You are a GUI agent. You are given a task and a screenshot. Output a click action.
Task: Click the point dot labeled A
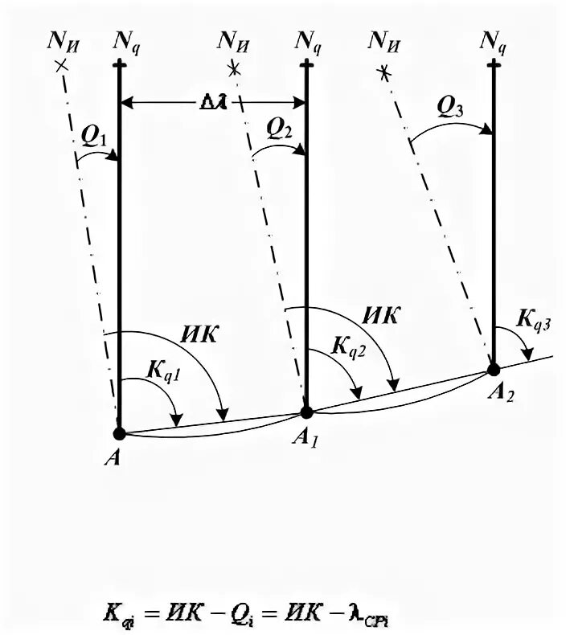tap(119, 434)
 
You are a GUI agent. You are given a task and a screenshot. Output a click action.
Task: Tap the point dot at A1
tap(306, 412)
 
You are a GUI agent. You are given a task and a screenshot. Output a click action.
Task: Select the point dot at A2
tap(494, 370)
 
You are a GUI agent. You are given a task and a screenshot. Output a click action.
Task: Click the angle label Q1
tap(94, 138)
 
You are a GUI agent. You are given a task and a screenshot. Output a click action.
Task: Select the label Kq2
tap(350, 347)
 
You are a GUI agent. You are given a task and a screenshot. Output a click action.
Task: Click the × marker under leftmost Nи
tap(59, 63)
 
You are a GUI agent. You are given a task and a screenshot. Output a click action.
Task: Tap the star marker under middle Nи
tap(234, 69)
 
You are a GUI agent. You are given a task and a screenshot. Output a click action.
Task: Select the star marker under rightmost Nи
tap(385, 73)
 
